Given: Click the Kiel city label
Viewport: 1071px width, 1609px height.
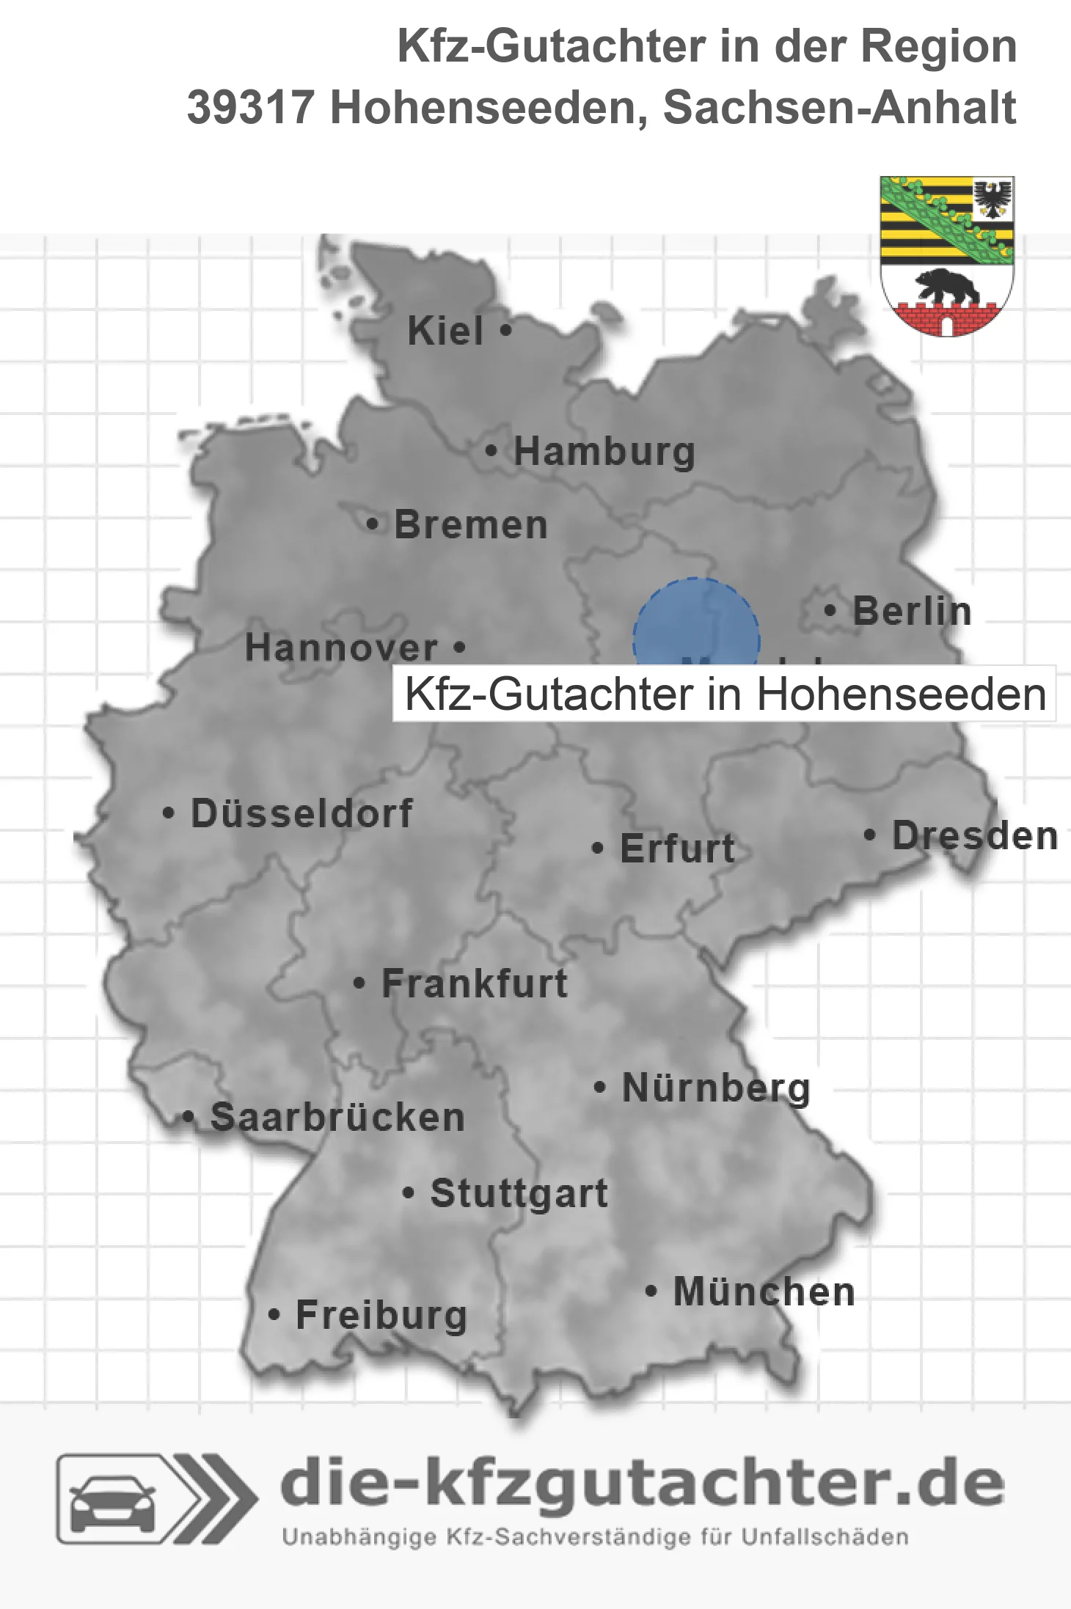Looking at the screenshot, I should (445, 331).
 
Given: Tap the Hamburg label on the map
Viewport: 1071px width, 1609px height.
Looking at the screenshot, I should (604, 451).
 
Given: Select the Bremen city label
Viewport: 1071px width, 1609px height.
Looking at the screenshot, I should (471, 525).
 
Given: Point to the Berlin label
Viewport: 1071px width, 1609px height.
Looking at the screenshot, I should (912, 611).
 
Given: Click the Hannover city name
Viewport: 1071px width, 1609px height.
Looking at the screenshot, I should (342, 648).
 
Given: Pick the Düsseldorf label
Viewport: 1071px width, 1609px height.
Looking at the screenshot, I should (301, 813).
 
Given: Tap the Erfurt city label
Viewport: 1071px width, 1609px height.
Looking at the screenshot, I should (676, 849).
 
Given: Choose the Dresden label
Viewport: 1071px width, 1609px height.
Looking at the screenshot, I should (974, 835).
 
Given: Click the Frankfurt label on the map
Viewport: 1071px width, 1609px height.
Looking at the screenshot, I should (475, 983).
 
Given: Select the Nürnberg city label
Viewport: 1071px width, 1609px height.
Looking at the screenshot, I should (716, 1088).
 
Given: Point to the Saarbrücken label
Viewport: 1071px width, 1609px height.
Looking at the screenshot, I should (337, 1118).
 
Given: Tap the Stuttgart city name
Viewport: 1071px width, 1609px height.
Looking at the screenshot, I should (519, 1193).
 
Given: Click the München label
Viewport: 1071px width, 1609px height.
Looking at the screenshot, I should (764, 1291).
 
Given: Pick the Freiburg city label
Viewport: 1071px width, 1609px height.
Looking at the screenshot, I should (381, 1315).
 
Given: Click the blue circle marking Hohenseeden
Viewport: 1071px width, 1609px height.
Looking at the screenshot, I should (695, 623).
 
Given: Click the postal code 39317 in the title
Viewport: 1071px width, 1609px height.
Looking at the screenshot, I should (251, 108).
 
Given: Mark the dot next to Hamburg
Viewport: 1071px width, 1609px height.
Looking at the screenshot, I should (491, 451).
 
